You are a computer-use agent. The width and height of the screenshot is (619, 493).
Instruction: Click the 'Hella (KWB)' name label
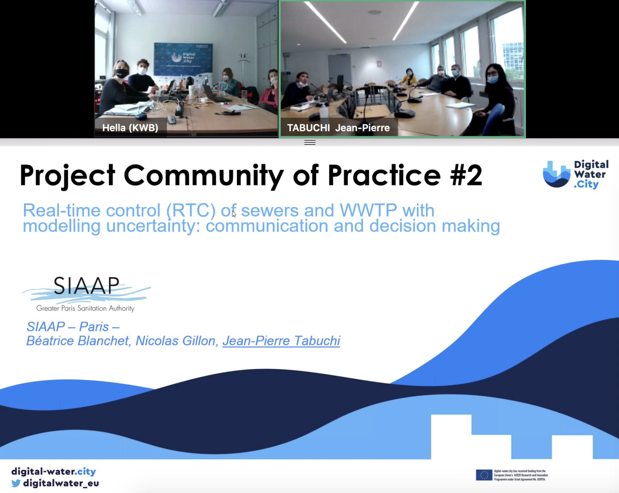click(130, 128)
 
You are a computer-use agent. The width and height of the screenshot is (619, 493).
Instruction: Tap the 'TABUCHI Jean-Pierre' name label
click(338, 128)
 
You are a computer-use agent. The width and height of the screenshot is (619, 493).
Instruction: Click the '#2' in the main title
click(466, 175)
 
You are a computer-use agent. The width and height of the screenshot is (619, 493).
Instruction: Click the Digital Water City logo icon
click(556, 174)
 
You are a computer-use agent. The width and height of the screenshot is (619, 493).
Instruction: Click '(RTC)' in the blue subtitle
click(191, 211)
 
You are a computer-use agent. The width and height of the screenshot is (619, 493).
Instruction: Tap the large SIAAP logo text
click(86, 286)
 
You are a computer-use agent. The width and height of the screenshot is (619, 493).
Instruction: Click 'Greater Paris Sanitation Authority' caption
click(85, 308)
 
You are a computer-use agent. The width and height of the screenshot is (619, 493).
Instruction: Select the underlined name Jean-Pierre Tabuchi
click(281, 341)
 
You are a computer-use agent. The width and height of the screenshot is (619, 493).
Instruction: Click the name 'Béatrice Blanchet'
click(78, 341)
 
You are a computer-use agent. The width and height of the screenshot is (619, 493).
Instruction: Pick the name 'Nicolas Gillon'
click(176, 341)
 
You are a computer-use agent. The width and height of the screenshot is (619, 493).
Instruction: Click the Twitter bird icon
click(16, 483)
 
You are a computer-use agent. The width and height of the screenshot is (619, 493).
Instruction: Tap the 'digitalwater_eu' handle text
click(61, 483)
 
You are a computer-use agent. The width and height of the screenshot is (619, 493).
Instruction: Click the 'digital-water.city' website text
click(54, 472)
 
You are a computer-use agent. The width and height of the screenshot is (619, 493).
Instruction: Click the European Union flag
click(484, 475)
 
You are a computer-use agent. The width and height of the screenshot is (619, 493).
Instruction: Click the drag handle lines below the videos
click(309, 143)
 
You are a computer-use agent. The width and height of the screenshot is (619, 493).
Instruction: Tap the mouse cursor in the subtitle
click(234, 214)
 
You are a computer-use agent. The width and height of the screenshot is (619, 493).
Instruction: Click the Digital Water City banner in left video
click(183, 59)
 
